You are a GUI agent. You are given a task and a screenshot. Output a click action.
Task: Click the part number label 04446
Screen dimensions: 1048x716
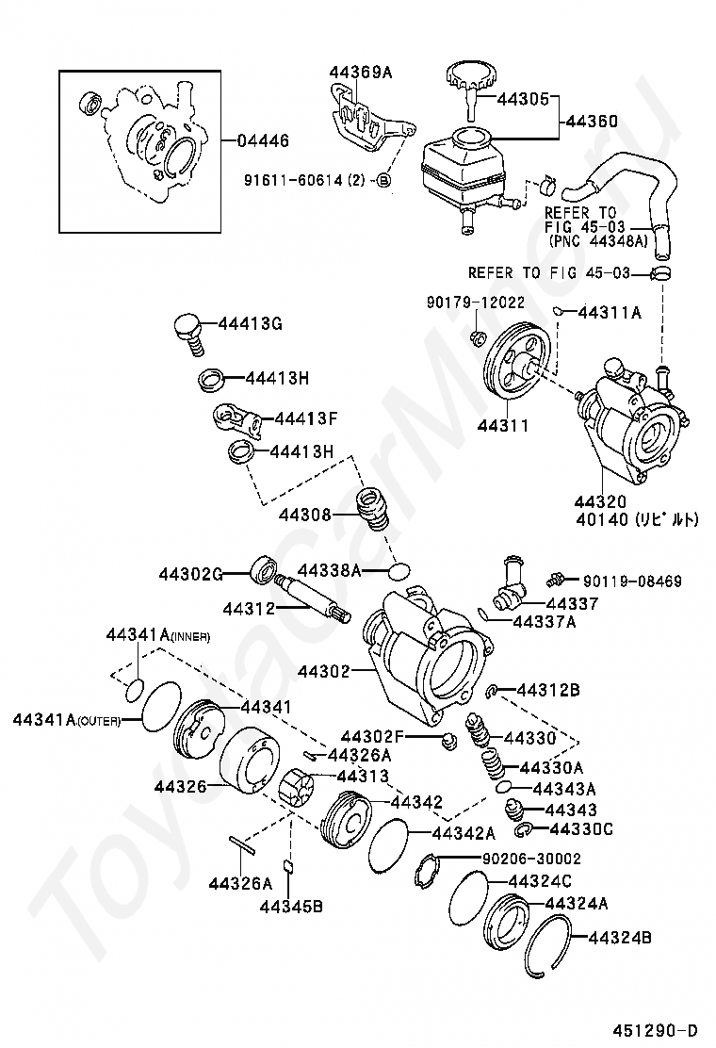263,140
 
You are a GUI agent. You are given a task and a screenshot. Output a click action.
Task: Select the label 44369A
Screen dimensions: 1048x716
361,72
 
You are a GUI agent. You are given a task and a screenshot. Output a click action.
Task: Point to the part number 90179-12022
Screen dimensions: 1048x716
476,303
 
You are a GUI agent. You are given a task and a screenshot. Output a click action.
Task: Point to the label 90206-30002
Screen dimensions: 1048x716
531,859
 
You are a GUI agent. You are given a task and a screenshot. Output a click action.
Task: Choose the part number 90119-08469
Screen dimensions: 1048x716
631,581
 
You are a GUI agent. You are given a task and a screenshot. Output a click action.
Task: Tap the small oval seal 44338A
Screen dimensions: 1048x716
400,570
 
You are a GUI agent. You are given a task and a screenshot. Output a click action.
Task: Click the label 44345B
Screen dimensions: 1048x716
292,907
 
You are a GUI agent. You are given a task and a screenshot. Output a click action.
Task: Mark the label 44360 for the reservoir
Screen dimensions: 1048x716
591,121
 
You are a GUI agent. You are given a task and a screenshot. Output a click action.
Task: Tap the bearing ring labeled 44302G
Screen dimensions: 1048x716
262,569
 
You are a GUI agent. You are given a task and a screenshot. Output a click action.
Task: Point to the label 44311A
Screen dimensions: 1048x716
609,312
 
